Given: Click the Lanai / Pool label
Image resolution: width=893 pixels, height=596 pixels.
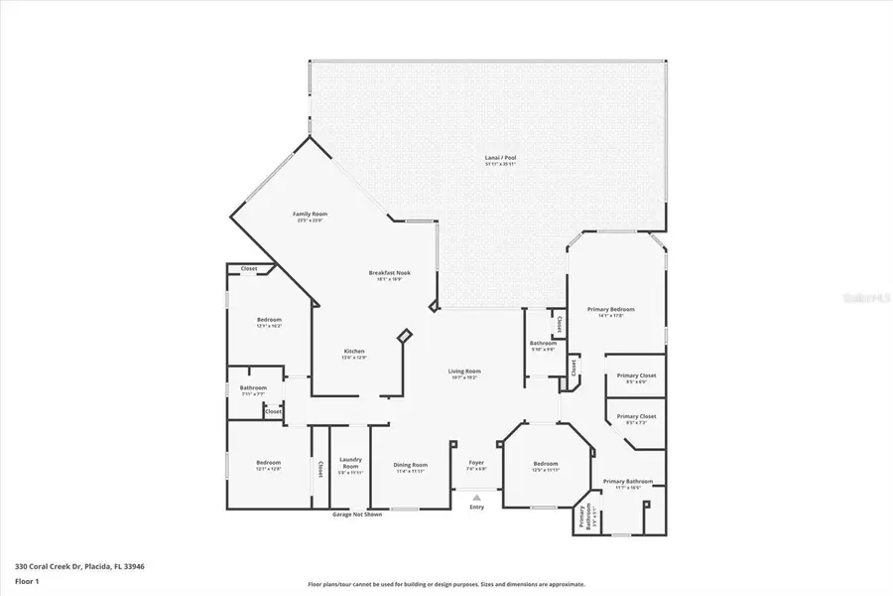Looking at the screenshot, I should pos(501,158).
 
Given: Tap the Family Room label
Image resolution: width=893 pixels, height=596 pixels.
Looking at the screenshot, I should pos(310,214).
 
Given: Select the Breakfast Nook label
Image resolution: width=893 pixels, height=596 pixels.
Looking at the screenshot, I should pos(388,273).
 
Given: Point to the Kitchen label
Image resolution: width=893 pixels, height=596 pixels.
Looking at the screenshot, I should pos(354,352).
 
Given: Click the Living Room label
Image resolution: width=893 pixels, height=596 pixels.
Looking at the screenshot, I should pos(463,372).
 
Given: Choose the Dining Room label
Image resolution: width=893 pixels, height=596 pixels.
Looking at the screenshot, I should pos(411,464).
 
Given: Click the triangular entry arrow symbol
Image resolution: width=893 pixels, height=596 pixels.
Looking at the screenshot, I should pos(476,497).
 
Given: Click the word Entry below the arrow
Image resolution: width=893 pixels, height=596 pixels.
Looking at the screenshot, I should pos(476,508).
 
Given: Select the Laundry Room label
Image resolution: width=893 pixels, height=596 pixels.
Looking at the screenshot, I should pos(351,461).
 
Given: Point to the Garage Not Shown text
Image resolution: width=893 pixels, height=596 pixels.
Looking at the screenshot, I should pos(355,514).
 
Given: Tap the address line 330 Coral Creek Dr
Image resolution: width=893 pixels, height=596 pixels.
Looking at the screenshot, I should pos(79,565).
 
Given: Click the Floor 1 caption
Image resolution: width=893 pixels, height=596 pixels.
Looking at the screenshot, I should pos(27,581).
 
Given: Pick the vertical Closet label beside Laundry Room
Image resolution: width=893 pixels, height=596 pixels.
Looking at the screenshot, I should pos(319,468).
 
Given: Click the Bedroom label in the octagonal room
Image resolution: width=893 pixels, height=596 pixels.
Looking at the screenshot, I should pos(546,464).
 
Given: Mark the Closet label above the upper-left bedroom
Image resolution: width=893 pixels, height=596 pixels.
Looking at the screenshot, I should pos(249,268).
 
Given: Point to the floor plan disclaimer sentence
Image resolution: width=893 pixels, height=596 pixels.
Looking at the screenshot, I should pos(446,584).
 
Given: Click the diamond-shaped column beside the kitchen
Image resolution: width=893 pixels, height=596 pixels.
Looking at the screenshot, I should pos(404,337).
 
